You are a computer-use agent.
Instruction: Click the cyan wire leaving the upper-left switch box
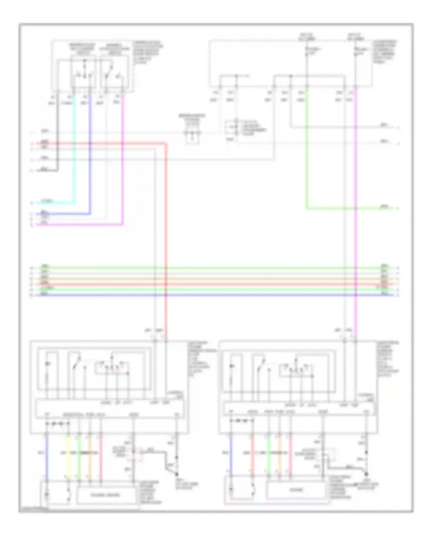click(x=74, y=152)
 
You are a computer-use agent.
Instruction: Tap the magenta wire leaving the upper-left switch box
click(x=123, y=176)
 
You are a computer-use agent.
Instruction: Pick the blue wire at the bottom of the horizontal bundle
click(x=205, y=295)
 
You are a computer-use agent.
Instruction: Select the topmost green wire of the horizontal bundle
click(x=205, y=268)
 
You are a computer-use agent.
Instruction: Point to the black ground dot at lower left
click(x=177, y=474)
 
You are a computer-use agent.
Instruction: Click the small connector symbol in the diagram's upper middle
click(x=192, y=133)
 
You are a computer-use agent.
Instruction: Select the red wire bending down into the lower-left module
click(x=166, y=235)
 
